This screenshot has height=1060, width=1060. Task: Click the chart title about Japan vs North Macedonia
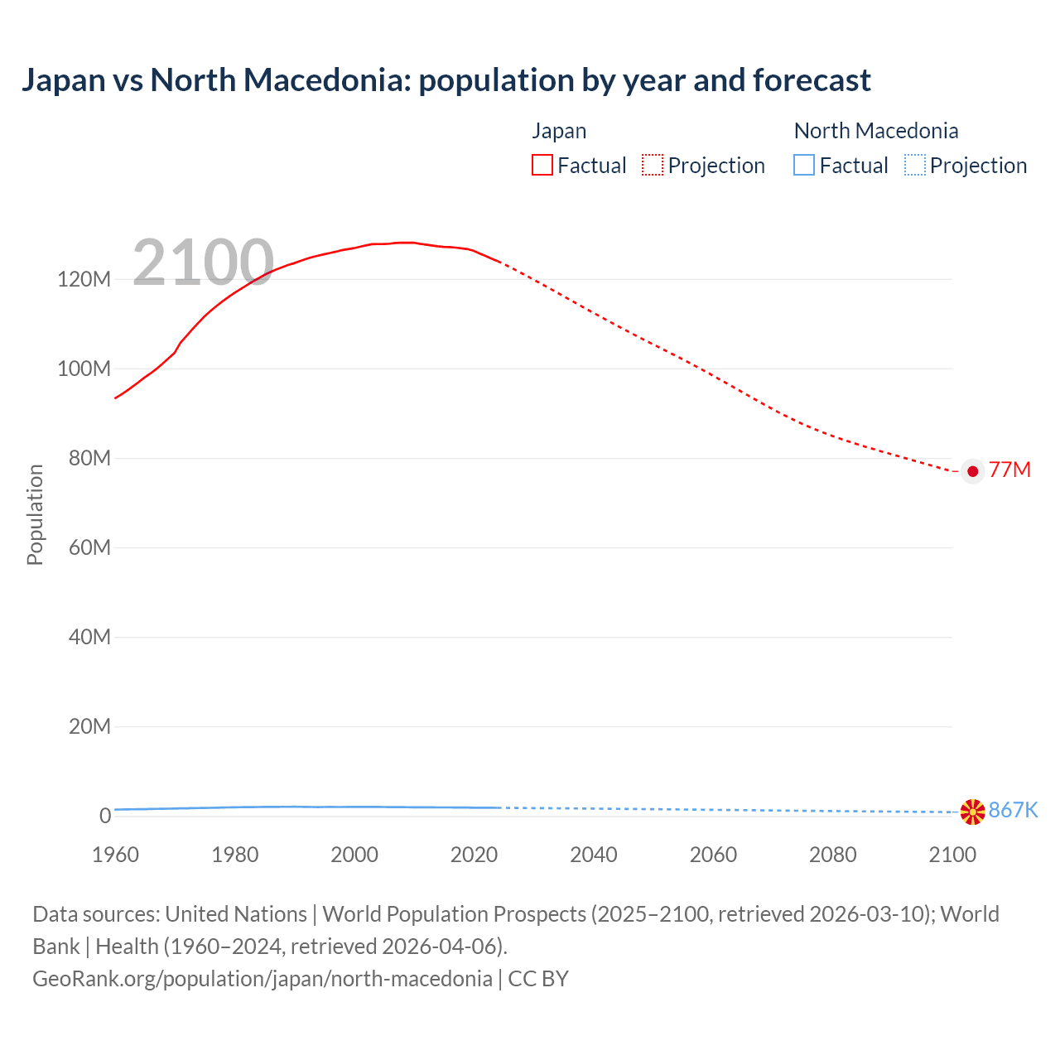446,80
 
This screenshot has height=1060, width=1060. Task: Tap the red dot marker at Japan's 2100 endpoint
972,471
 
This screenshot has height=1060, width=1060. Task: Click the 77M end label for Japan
1009,470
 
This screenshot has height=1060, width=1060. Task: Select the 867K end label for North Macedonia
1013,810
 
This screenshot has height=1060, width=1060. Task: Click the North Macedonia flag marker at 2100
972,812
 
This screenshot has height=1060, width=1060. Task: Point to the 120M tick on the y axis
84,279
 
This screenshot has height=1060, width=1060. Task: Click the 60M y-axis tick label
88,547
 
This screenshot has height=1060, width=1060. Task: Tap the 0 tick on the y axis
104,816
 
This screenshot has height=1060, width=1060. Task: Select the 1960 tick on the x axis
115,855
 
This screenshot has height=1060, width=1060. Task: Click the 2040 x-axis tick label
593,855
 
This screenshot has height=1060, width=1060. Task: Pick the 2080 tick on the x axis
832,855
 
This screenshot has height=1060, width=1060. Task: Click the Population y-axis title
35,514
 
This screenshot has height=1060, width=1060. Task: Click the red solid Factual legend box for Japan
542,166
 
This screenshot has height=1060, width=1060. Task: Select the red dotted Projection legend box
653,166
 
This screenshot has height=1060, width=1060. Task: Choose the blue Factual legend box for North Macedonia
803,166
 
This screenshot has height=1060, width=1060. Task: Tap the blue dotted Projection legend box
914,166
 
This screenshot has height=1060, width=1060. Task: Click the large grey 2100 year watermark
203,263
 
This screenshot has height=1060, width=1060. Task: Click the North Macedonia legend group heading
875,131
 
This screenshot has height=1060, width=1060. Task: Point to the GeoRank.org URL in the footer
262,979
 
